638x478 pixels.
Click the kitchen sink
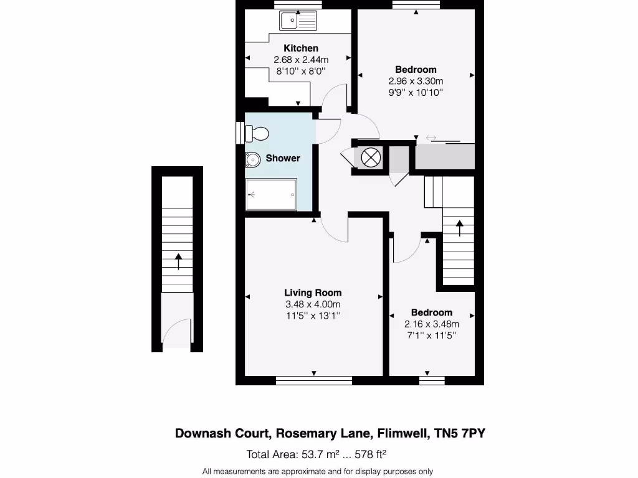pos(298,22)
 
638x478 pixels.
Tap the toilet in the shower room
pos(257,133)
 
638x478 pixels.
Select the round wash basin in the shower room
pos(253,161)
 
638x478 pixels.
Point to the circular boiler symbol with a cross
pos(371,157)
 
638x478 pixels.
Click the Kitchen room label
pos(301,48)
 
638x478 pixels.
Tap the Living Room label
pos(313,293)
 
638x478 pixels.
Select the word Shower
pos(283,158)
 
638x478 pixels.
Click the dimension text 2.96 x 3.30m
pos(416,81)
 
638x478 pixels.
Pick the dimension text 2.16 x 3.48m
pos(432,324)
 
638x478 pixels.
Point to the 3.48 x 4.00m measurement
pos(313,304)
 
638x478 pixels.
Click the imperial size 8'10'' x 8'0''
pos(301,71)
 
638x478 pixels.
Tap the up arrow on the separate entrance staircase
pos(178,261)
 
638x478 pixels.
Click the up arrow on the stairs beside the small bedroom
pos(460,228)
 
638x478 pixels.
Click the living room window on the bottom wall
pos(313,380)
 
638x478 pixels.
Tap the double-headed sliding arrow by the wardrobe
pos(431,138)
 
